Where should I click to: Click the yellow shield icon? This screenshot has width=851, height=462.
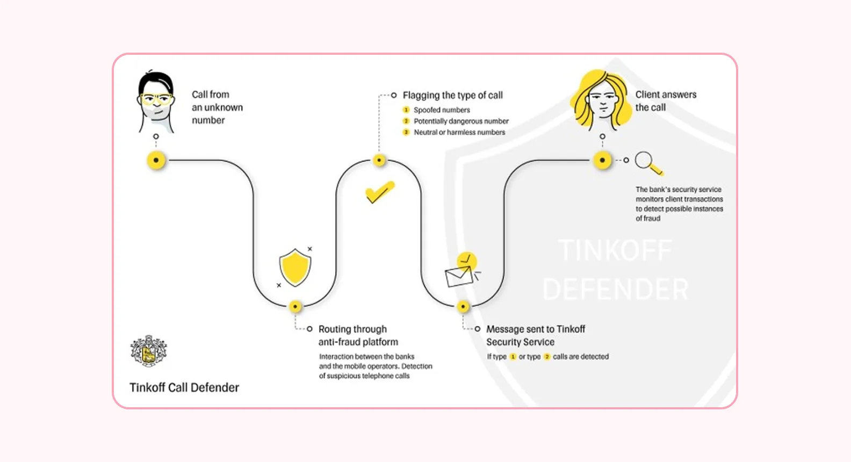pyautogui.click(x=295, y=267)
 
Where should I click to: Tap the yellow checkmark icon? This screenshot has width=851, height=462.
pyautogui.click(x=380, y=192)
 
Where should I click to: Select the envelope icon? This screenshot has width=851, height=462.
pyautogui.click(x=458, y=276)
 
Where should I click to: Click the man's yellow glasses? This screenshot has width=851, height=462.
pyautogui.click(x=156, y=99)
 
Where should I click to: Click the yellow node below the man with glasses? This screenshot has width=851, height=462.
pyautogui.click(x=156, y=160)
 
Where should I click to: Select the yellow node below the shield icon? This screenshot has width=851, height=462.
pyautogui.click(x=295, y=306)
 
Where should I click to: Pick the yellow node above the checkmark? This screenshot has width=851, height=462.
pyautogui.click(x=379, y=160)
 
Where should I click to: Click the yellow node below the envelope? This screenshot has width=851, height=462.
pyautogui.click(x=463, y=306)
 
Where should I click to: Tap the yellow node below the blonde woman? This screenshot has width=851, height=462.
pyautogui.click(x=602, y=160)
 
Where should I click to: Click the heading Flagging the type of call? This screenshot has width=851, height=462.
pyautogui.click(x=452, y=95)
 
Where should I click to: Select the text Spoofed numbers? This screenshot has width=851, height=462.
pyautogui.click(x=442, y=110)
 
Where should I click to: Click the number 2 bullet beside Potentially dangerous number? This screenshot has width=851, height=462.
pyautogui.click(x=406, y=121)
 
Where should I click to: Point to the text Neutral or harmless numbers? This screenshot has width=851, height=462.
pyautogui.click(x=459, y=132)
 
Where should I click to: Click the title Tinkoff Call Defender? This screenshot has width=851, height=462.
pyautogui.click(x=184, y=387)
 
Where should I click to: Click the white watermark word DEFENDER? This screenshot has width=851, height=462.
pyautogui.click(x=616, y=289)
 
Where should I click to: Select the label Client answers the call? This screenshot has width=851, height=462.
pyautogui.click(x=665, y=100)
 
